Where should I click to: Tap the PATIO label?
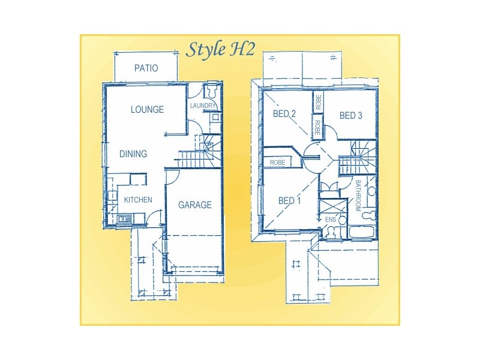point(146,68)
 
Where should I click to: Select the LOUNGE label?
point(147,110)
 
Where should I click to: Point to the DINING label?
point(133,154)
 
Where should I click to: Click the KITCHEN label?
point(138,200)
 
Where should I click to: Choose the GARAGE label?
point(194,205)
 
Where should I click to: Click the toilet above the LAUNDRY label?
point(211,92)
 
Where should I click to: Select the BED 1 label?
point(289,201)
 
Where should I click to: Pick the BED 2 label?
point(284,114)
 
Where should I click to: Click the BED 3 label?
point(350,116)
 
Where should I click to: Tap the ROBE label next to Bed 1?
point(277,163)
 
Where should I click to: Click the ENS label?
point(330,220)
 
